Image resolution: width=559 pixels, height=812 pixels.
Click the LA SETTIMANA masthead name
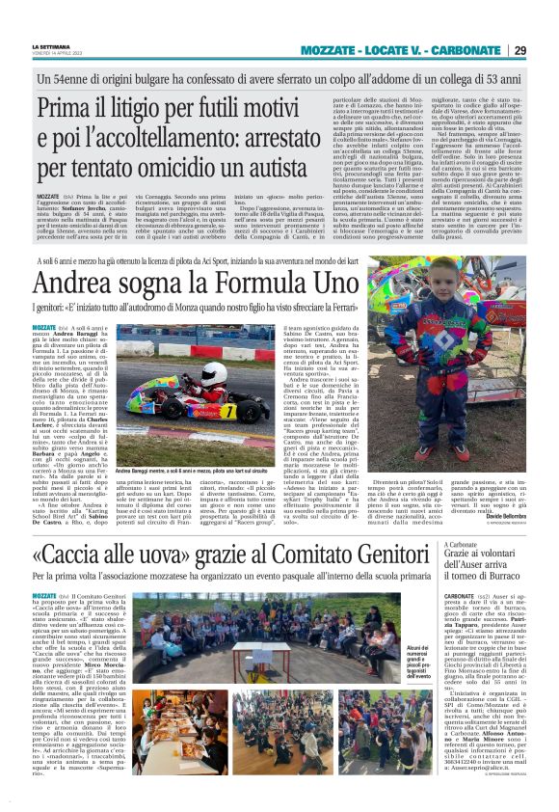[51, 45]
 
